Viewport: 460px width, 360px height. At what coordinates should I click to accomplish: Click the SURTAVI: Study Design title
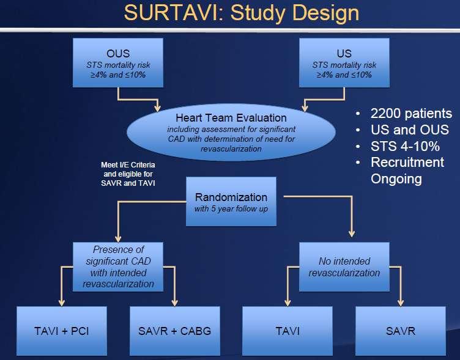[242, 13]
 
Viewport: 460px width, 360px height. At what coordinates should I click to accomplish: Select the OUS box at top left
[118, 63]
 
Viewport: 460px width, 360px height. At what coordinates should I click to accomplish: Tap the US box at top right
[344, 63]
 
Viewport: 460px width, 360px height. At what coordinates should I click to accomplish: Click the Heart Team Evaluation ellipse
[231, 132]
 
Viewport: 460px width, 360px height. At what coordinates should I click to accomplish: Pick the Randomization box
[231, 202]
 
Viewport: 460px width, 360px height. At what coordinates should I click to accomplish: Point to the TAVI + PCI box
[62, 331]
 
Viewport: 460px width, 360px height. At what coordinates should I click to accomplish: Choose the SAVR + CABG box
[175, 331]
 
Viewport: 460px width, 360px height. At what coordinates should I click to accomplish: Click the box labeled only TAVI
[287, 331]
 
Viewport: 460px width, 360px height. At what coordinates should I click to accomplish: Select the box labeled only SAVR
[401, 331]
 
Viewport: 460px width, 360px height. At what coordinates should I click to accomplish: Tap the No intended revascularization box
[344, 266]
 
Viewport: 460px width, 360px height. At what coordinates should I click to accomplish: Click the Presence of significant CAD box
[118, 266]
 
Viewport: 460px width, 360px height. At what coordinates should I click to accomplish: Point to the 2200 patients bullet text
[411, 114]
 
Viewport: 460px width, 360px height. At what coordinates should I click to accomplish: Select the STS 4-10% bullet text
[405, 146]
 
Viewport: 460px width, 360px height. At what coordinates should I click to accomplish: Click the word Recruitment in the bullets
[407, 163]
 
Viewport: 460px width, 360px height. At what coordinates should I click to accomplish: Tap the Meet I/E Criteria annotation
[128, 174]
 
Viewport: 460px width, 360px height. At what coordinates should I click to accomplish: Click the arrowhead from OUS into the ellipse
[158, 108]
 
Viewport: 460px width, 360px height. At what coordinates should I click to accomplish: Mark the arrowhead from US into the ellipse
[305, 108]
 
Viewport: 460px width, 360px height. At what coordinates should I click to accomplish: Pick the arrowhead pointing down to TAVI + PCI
[62, 303]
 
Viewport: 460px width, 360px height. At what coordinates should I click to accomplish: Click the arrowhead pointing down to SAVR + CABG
[174, 303]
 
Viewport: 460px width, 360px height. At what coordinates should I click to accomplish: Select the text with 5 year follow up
[231, 209]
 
